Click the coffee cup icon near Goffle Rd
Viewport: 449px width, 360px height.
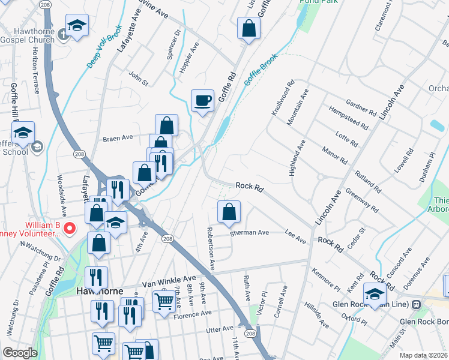[x=202, y=100]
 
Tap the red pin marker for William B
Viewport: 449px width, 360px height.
[x=70, y=228]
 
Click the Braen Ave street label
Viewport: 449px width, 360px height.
[x=118, y=137]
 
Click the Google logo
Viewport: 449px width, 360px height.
[x=20, y=353]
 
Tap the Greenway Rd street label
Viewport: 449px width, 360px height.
[x=362, y=200]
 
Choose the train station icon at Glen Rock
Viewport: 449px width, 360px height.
[x=416, y=304]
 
